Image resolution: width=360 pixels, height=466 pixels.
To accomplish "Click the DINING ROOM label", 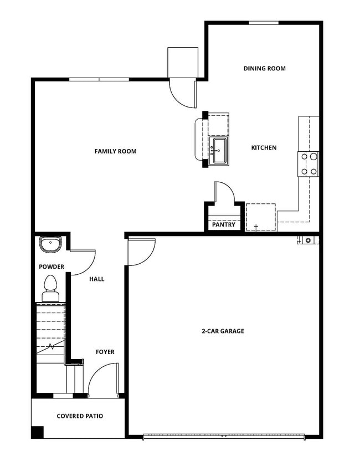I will click(x=264, y=69).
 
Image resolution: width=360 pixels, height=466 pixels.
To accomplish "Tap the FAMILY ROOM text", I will click(x=115, y=151).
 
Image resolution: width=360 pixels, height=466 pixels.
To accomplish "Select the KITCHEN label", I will click(x=264, y=147).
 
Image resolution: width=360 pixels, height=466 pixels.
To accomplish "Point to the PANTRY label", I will click(x=224, y=225).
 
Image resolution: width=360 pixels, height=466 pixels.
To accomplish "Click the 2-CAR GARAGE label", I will click(x=222, y=331).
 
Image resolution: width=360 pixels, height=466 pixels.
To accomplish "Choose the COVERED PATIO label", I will click(x=80, y=416).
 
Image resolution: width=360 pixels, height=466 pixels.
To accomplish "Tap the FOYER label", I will click(x=105, y=352).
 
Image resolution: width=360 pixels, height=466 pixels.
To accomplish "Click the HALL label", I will click(x=97, y=279).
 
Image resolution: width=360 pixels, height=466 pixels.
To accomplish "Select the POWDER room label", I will click(x=52, y=267).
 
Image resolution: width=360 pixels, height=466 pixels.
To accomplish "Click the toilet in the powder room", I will click(x=50, y=287).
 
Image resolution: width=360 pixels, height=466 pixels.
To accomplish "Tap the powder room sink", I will click(x=50, y=243).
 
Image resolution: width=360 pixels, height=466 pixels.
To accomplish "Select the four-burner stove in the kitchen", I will click(x=309, y=164).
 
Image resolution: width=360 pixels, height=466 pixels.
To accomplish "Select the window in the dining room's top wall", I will click(x=263, y=23).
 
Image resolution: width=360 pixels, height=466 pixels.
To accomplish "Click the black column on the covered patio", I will click(x=37, y=432).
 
